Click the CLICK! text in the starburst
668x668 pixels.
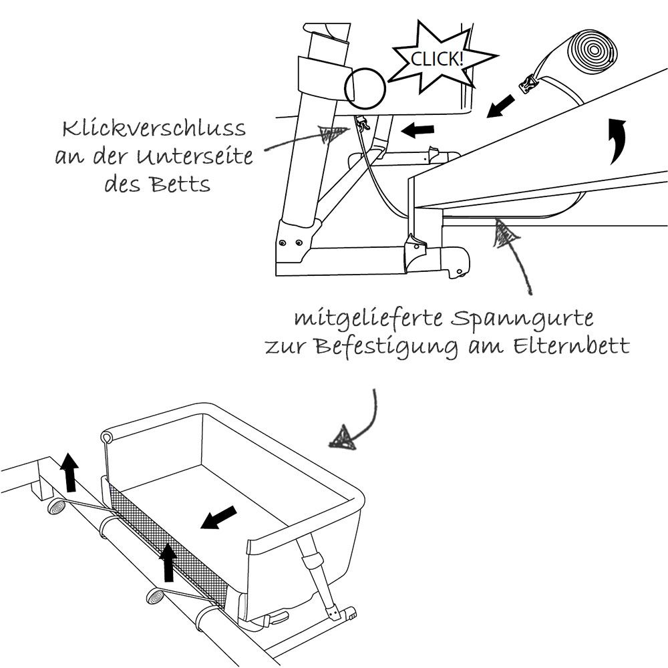[x=437, y=59]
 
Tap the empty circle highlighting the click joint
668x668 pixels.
[x=365, y=87]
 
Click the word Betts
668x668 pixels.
[x=180, y=184]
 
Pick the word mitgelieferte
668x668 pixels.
[x=367, y=319]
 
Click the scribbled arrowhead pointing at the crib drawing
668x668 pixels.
[x=345, y=439]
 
